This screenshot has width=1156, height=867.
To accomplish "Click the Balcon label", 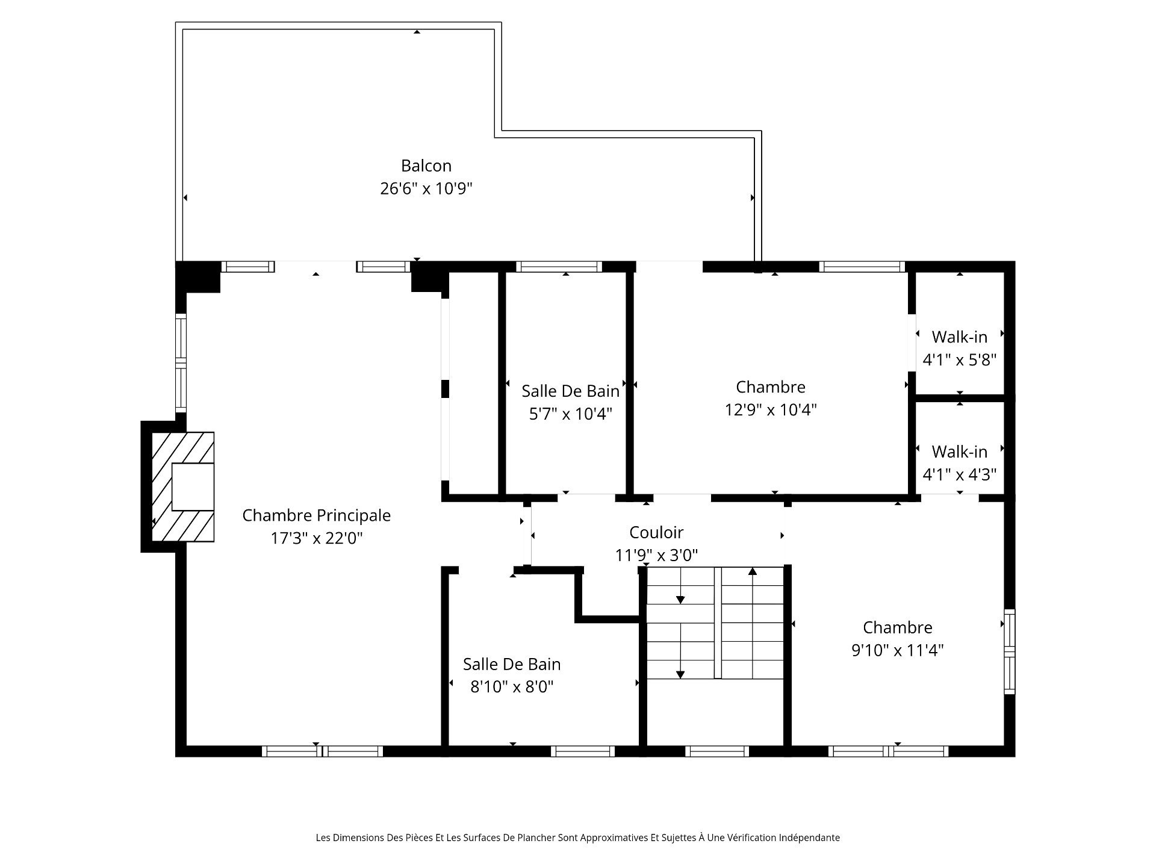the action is [426, 166].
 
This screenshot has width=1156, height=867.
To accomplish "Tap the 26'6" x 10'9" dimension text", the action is [426, 188].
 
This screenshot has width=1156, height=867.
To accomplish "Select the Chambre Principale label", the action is [317, 515].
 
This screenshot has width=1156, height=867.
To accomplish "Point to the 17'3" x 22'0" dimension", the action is [317, 538].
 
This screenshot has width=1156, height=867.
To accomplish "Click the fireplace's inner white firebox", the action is [193, 487].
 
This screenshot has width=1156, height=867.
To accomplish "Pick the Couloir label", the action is [656, 532].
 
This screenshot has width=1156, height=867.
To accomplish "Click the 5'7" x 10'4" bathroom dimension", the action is [571, 414].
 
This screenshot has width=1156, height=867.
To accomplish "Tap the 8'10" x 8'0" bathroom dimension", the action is [512, 687].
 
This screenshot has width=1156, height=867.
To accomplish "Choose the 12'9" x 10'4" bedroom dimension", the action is [771, 410].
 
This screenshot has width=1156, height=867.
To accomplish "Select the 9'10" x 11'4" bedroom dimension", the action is [898, 650].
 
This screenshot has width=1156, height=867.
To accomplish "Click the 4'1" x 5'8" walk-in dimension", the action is [960, 360].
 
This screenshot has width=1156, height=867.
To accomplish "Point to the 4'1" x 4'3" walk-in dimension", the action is [960, 474].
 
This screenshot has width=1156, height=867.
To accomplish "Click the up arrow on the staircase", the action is [753, 623].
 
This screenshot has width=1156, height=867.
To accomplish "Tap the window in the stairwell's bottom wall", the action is [717, 751].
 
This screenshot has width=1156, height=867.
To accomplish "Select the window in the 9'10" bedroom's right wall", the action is [1010, 652].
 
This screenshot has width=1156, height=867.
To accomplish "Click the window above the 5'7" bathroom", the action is [559, 267].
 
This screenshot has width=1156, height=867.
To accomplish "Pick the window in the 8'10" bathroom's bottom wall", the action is [583, 751].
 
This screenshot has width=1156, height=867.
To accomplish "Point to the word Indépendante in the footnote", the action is [809, 837].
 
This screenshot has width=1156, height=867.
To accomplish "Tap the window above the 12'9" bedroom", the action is [862, 267].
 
